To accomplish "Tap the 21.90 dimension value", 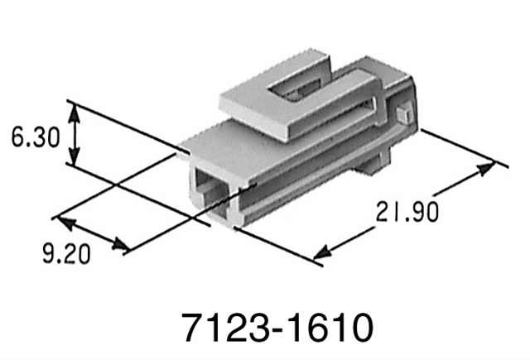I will click(x=405, y=213).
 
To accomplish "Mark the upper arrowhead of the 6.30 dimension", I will click(x=75, y=110).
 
